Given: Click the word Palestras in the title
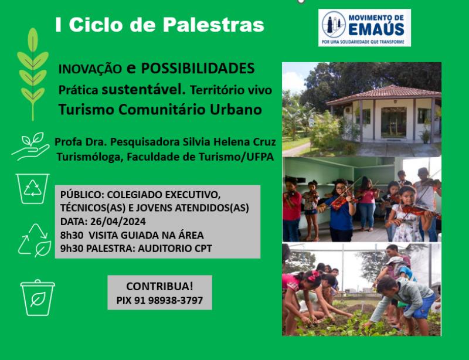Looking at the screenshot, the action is [213, 25].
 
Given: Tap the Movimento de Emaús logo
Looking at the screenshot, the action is [364, 28].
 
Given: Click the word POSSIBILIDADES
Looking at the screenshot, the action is [198, 68].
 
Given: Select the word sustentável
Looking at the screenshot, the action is [144, 89].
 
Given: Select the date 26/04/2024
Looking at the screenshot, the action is [118, 222].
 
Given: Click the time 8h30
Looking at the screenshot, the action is [72, 235].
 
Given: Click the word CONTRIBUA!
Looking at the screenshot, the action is [159, 286].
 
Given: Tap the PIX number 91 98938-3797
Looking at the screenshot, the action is [168, 300].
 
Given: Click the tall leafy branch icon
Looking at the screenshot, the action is [33, 74].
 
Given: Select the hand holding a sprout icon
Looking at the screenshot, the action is [30, 146].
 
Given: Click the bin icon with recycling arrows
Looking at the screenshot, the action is [33, 189].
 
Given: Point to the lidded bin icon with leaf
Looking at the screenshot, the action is [38, 297].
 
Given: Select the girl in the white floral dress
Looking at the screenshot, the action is [409, 214].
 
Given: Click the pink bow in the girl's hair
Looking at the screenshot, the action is [313, 276].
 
